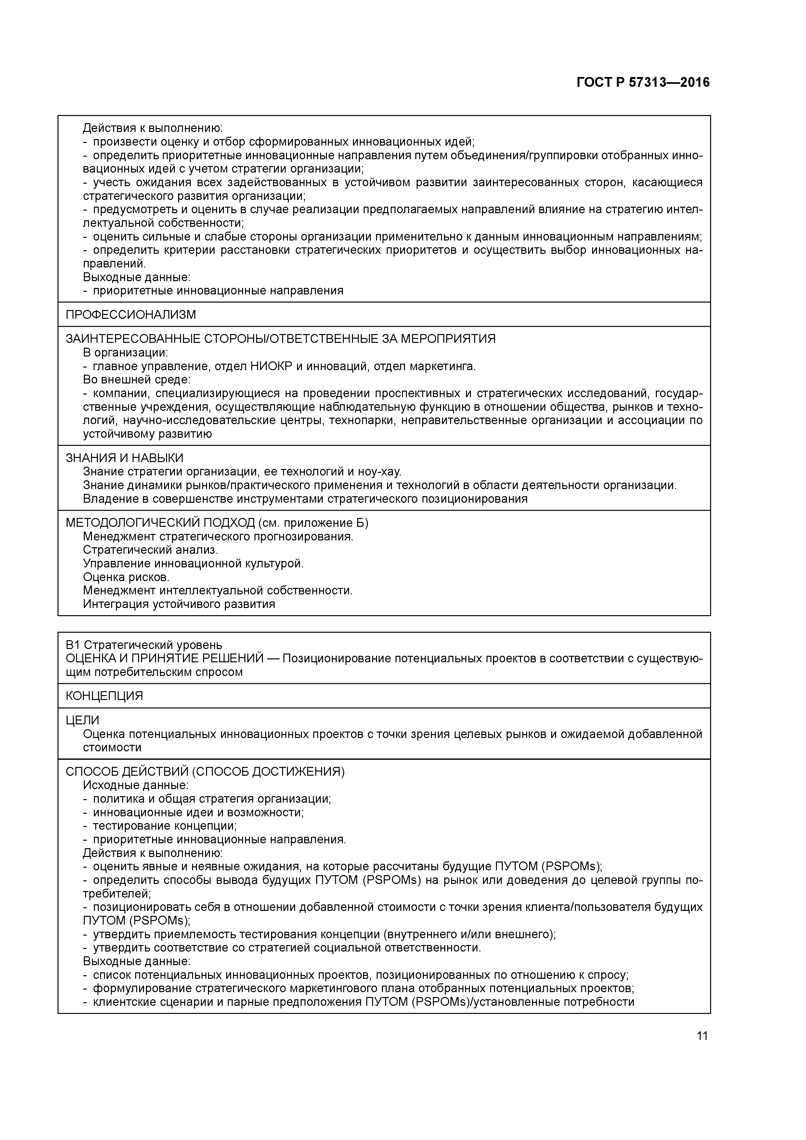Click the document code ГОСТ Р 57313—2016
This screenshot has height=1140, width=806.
643,83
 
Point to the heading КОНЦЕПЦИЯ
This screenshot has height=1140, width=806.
104,696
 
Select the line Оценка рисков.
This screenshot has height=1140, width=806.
126,577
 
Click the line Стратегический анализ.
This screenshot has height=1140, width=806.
150,550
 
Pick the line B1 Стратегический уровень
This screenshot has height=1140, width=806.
144,645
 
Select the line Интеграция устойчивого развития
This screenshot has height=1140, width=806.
179,604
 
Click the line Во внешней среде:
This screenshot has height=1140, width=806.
136,380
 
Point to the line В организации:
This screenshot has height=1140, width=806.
126,353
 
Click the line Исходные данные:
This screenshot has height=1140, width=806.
136,785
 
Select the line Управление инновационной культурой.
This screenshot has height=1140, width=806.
193,564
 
